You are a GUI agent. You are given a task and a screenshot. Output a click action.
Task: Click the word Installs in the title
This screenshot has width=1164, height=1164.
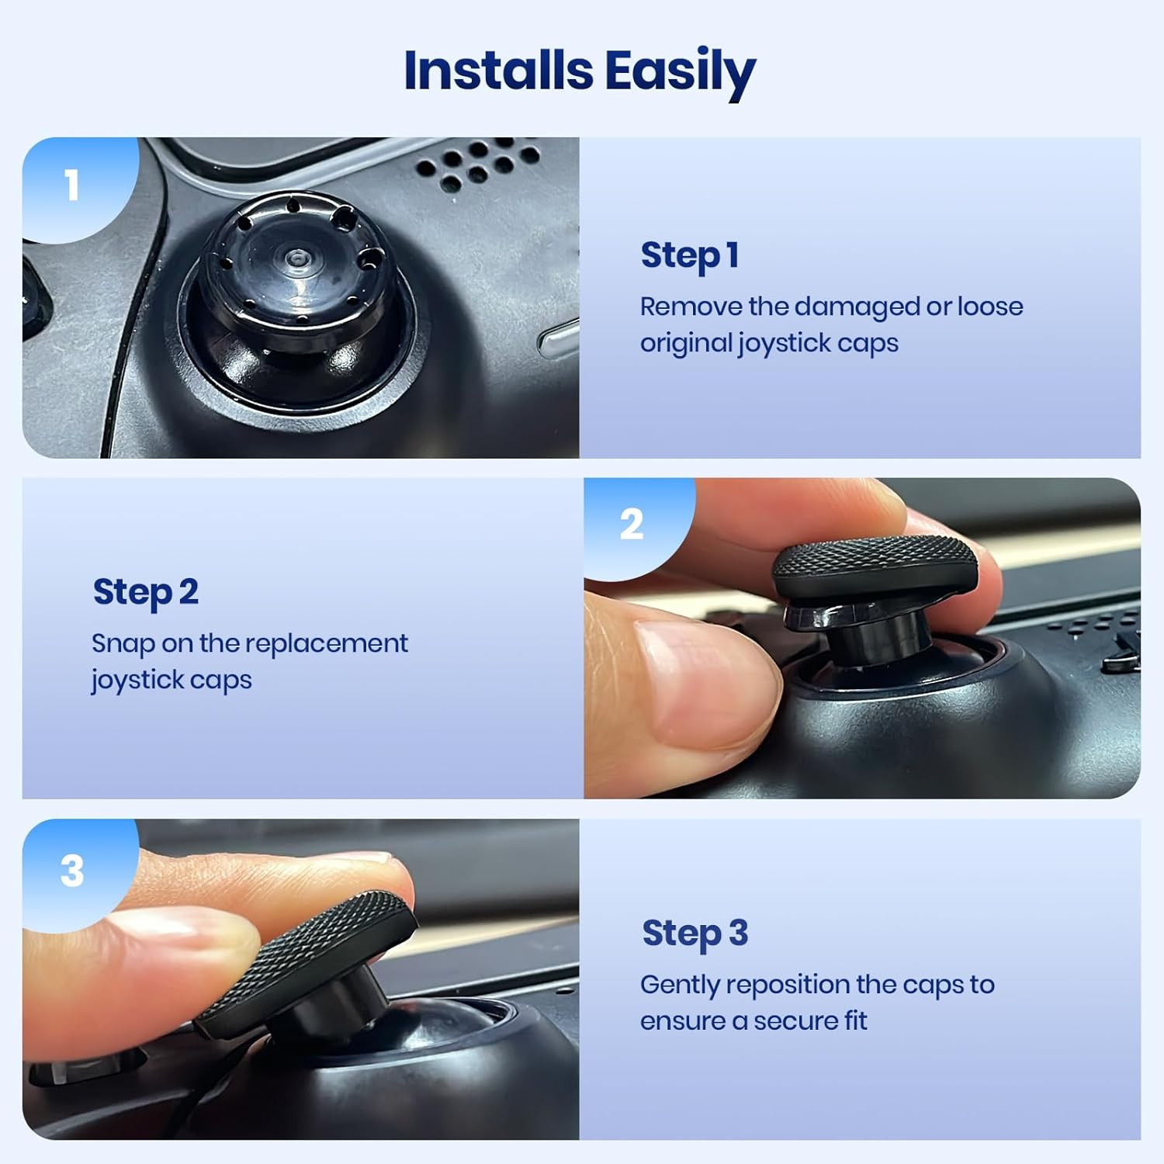click(x=497, y=71)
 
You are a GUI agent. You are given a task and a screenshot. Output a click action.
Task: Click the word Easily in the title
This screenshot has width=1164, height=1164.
click(x=680, y=72)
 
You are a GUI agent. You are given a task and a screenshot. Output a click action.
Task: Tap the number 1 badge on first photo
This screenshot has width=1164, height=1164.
click(x=71, y=185)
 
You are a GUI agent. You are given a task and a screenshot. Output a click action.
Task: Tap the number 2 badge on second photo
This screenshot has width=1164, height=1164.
click(x=631, y=525)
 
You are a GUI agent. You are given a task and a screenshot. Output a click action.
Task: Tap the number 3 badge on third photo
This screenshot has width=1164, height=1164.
click(x=71, y=871)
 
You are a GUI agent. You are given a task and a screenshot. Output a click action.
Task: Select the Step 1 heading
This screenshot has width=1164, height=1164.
click(x=689, y=255)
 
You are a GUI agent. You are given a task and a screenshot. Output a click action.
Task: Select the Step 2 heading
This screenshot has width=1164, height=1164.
click(x=145, y=592)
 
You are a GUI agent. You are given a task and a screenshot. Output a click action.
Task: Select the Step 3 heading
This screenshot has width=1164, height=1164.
click(x=695, y=933)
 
